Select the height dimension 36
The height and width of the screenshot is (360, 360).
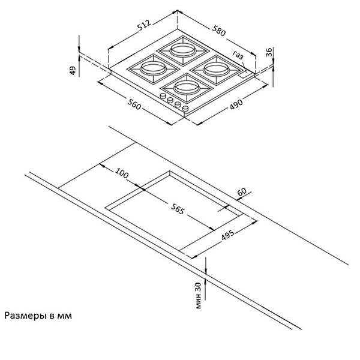269,52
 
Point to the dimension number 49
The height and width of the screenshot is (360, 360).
73,70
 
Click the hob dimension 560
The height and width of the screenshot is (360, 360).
134,106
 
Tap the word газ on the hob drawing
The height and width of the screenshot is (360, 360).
239,56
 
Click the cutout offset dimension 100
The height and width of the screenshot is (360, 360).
121,173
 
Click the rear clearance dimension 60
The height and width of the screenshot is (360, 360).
242,192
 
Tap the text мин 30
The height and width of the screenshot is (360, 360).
199,294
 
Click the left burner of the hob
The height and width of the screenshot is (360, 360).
149,67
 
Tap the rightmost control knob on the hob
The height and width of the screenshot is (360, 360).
185,109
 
